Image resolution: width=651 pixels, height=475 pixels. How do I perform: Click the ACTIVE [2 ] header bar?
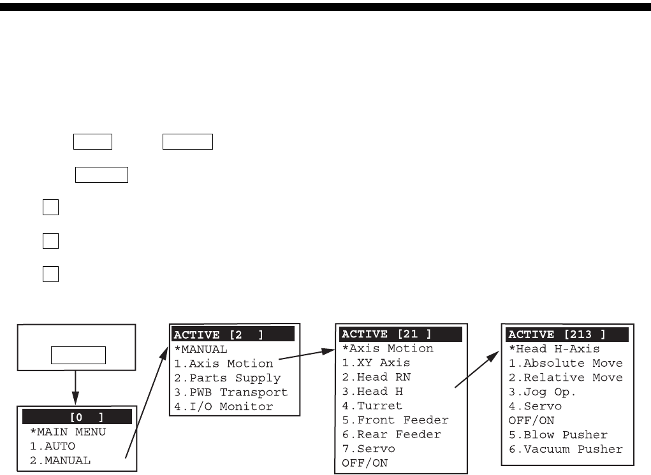pyautogui.click(x=232, y=335)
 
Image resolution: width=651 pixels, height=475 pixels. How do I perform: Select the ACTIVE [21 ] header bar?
pyautogui.click(x=401, y=335)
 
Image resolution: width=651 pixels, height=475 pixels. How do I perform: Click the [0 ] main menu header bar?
pyautogui.click(x=77, y=417)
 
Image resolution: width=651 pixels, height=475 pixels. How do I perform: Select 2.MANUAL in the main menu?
pyautogui.click(x=61, y=460)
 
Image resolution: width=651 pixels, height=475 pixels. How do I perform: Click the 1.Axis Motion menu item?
pyautogui.click(x=224, y=364)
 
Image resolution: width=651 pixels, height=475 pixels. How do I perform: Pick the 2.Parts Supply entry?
pyautogui.click(x=227, y=378)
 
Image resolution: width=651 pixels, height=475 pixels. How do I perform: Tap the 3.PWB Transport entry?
pyautogui.click(x=231, y=392)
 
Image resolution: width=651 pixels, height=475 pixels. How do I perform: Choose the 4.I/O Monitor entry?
pyautogui.click(x=224, y=406)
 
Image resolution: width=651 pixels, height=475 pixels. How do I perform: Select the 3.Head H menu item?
pyautogui.click(x=373, y=392)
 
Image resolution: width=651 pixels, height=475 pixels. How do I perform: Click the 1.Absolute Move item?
pyautogui.click(x=566, y=363)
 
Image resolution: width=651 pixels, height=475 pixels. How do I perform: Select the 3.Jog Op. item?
pyautogui.click(x=542, y=392)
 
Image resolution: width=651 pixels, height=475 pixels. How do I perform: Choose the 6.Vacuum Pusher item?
pyautogui.click(x=566, y=449)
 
